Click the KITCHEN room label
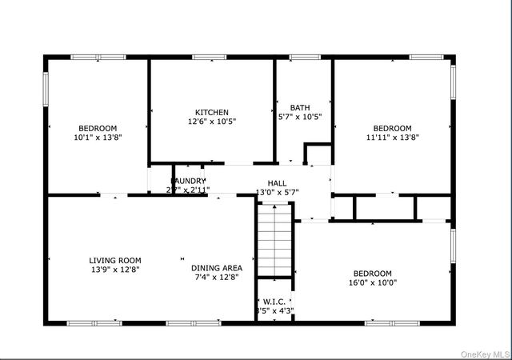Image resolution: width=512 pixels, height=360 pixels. pyautogui.click(x=212, y=112)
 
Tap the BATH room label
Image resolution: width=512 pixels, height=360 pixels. pyautogui.click(x=300, y=107)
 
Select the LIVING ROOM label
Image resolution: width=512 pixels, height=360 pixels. pyautogui.click(x=114, y=260)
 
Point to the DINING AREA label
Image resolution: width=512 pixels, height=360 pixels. pyautogui.click(x=216, y=268)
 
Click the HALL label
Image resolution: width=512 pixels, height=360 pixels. pyautogui.click(x=277, y=182)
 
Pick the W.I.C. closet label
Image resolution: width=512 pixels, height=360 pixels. pyautogui.click(x=274, y=302)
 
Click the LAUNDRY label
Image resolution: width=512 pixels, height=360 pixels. pyautogui.click(x=187, y=181)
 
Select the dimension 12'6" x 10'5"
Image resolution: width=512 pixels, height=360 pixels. pyautogui.click(x=212, y=122)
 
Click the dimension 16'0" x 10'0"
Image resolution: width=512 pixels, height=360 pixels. pyautogui.click(x=373, y=282)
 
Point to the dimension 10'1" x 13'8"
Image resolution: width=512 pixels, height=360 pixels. pyautogui.click(x=98, y=138)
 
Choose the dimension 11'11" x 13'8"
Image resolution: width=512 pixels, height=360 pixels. pyautogui.click(x=393, y=138)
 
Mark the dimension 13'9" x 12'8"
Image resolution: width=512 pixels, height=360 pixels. pyautogui.click(x=114, y=270)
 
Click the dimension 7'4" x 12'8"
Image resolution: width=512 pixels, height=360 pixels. pyautogui.click(x=216, y=278)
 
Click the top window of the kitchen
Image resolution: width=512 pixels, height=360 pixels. pyautogui.click(x=208, y=57)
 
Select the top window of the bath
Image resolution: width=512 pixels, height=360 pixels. pyautogui.click(x=304, y=57)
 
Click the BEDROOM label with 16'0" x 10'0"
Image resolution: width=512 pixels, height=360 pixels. pyautogui.click(x=373, y=273)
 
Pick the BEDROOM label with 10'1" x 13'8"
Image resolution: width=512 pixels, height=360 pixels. pyautogui.click(x=98, y=128)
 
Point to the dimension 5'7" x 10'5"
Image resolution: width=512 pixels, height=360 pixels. pyautogui.click(x=300, y=117)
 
